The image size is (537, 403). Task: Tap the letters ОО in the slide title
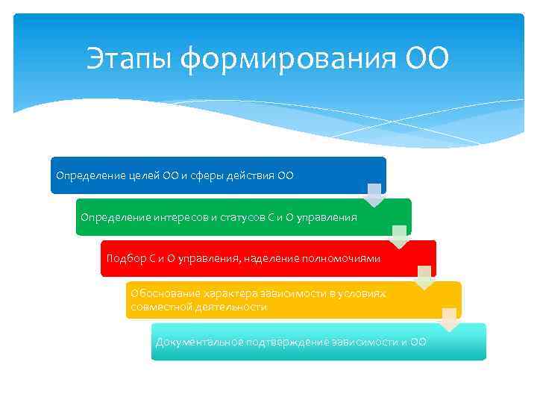(x=427, y=59)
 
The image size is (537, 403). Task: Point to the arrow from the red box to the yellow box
(x=424, y=278)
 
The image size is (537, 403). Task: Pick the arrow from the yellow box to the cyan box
(x=449, y=319)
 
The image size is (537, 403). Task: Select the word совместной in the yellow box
(x=157, y=307)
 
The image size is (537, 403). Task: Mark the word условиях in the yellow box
(x=364, y=294)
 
